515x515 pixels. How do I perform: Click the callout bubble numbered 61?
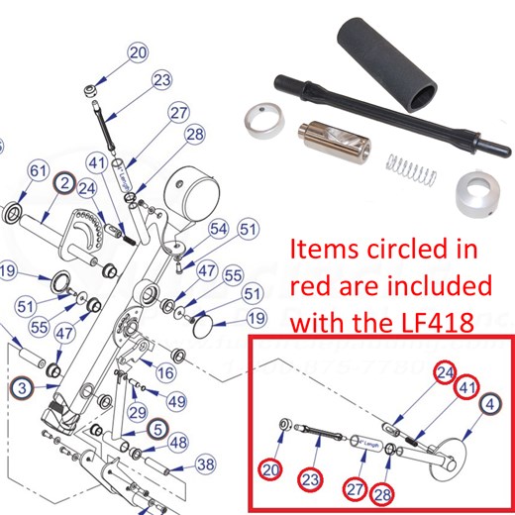(38, 172)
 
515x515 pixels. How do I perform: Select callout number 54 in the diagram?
(217, 229)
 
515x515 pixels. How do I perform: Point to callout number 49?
(176, 401)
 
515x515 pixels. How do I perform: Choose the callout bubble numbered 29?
(138, 411)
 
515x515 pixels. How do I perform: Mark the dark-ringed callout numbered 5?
(155, 429)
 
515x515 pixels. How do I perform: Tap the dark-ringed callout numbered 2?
(63, 184)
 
